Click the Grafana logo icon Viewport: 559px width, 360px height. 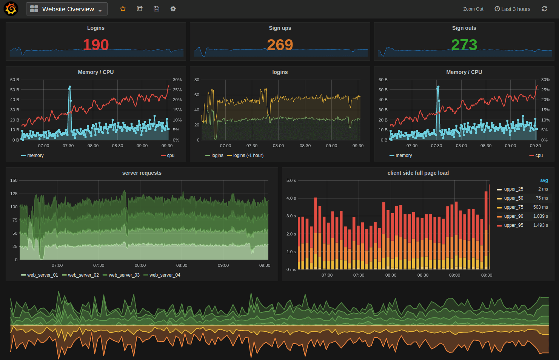11,9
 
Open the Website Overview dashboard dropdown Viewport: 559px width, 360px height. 67,9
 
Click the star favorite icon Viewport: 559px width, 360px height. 123,9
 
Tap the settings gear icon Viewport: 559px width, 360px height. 173,9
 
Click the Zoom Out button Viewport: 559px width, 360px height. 473,9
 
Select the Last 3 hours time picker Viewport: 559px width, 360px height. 512,9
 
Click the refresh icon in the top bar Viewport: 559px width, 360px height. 544,9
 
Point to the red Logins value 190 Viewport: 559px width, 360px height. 96,45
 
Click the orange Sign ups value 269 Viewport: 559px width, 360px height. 280,45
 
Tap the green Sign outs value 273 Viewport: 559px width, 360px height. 464,45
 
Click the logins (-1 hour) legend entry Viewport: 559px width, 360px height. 248,155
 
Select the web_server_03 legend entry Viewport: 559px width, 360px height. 124,275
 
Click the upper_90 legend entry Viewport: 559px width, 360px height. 513,216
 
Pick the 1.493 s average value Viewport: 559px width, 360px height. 541,225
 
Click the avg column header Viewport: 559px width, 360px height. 544,180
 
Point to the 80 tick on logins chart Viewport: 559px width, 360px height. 197,80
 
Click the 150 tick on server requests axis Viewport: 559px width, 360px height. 14,180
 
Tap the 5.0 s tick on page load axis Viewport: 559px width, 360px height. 291,180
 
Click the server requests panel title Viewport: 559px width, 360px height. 142,173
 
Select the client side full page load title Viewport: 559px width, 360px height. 418,173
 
